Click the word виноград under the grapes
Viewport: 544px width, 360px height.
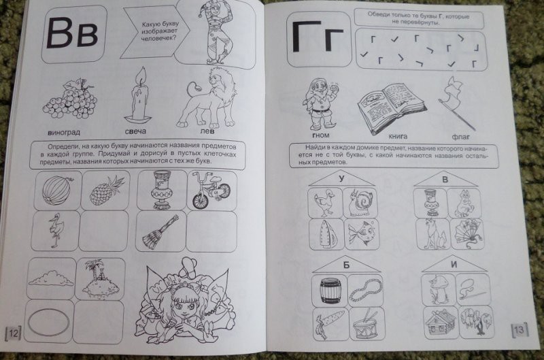pos(64,132)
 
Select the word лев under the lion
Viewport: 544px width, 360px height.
pos(207,131)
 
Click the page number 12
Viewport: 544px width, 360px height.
pos(14,333)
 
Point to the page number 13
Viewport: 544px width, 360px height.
pos(520,329)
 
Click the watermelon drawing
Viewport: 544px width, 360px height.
pos(57,190)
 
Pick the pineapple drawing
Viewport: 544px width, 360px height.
pos(107,191)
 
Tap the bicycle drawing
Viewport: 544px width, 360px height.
pos(211,191)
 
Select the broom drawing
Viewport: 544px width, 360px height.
pos(160,231)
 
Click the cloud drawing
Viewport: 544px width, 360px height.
pos(51,278)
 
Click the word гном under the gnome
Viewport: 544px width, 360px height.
pos(320,135)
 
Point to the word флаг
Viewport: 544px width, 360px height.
pos(461,137)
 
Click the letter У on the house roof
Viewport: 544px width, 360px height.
pos(342,178)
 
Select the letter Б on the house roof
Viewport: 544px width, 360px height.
pos(346,265)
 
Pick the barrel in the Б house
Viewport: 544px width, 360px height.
pos(330,291)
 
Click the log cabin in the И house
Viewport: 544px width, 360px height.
pos(439,323)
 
